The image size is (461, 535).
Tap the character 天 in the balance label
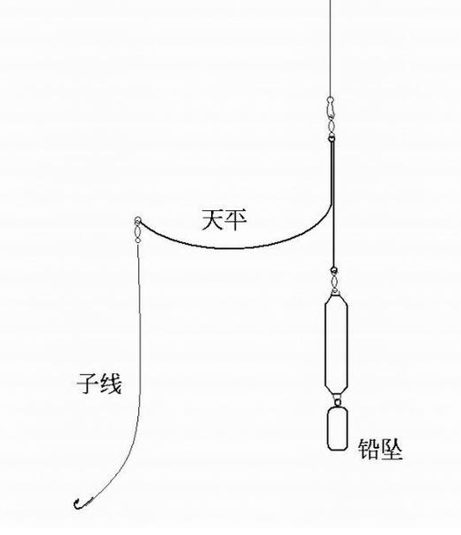(x=213, y=220)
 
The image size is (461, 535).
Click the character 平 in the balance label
(x=236, y=220)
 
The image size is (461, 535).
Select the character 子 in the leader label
(x=88, y=384)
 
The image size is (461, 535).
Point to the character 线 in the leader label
(x=110, y=384)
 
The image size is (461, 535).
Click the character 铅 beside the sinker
(x=369, y=449)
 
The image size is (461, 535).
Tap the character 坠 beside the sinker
(x=391, y=449)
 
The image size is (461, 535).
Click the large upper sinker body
(x=336, y=344)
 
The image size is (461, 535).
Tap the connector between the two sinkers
(x=337, y=401)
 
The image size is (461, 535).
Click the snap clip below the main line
(x=330, y=106)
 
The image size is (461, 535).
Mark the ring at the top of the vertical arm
(x=332, y=138)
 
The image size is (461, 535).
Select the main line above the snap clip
(x=330, y=48)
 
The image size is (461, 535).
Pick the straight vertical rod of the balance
(x=333, y=204)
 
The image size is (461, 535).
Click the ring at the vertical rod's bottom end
(x=333, y=270)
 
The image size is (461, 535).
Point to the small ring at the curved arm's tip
(x=137, y=220)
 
